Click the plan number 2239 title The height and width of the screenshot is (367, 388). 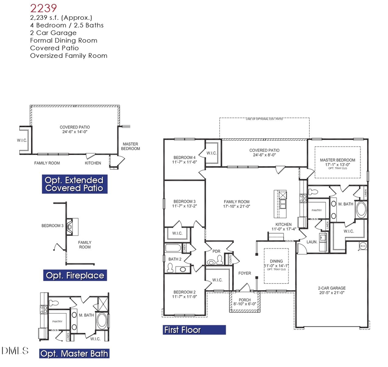[x=44, y=7]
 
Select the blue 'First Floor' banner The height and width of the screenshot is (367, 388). [x=194, y=330]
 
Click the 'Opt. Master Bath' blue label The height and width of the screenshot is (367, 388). [x=74, y=354]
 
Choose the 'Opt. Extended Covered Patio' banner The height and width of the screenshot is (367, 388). [x=74, y=184]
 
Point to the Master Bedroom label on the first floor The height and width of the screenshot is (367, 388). [x=337, y=160]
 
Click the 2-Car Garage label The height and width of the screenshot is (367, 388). [x=332, y=288]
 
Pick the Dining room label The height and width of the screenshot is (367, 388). [x=276, y=261]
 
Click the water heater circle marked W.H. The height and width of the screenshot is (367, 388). [x=363, y=246]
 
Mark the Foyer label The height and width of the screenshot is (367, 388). [x=244, y=273]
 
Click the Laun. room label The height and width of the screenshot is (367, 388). [x=312, y=242]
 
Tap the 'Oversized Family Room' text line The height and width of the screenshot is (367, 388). [x=69, y=56]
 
